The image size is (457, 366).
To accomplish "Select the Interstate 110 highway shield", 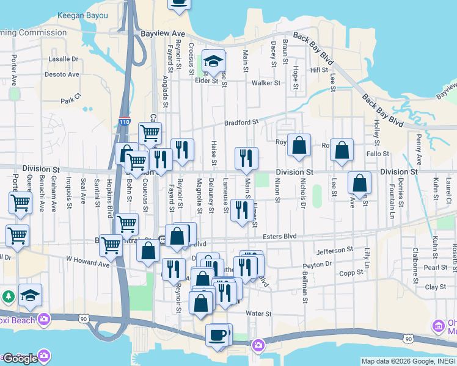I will point(125,122).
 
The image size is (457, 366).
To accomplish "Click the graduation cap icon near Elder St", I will point(213,61).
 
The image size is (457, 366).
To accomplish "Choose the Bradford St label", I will point(242,123).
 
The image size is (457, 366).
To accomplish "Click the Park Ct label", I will point(71,99).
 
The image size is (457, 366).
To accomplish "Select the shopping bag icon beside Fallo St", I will point(342,150).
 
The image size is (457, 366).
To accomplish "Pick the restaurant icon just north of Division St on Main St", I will point(246,158).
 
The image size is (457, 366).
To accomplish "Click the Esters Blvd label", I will point(279,236).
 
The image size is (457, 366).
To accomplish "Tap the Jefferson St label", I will point(335,250).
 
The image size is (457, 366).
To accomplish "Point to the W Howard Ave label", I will point(87,261).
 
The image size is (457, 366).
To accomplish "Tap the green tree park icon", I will point(8,296).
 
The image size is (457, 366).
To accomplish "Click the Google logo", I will point(20,358).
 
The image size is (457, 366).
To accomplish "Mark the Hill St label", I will point(319,70).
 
